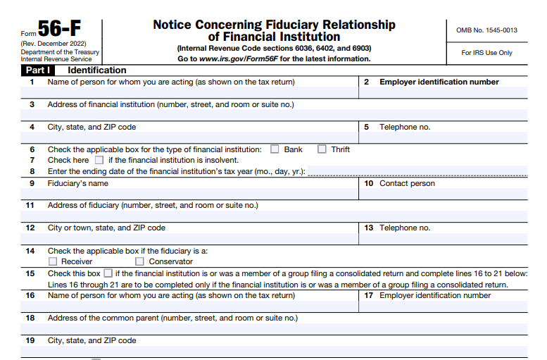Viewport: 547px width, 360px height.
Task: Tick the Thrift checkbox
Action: pyautogui.click(x=322, y=149)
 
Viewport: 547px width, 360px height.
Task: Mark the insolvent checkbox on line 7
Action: pyautogui.click(x=99, y=160)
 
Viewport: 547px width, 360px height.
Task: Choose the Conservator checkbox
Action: pyautogui.click(x=139, y=262)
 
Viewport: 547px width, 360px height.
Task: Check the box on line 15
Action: pyautogui.click(x=108, y=273)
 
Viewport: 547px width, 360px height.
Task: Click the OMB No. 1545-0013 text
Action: pyautogui.click(x=486, y=30)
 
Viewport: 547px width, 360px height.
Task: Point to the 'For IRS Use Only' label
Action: pyautogui.click(x=486, y=53)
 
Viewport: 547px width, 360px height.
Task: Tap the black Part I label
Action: pyautogui.click(x=38, y=70)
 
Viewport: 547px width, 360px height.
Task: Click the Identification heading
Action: pyautogui.click(x=97, y=70)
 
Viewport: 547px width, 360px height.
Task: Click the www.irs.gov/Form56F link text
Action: pyautogui.click(x=240, y=59)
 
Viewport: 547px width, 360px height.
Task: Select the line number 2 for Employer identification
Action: pyautogui.click(x=367, y=82)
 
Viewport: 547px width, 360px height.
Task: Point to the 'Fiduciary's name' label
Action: pyautogui.click(x=78, y=184)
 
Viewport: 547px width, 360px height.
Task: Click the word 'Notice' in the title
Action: pyautogui.click(x=174, y=25)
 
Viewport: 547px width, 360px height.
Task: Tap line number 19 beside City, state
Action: pyautogui.click(x=30, y=341)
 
